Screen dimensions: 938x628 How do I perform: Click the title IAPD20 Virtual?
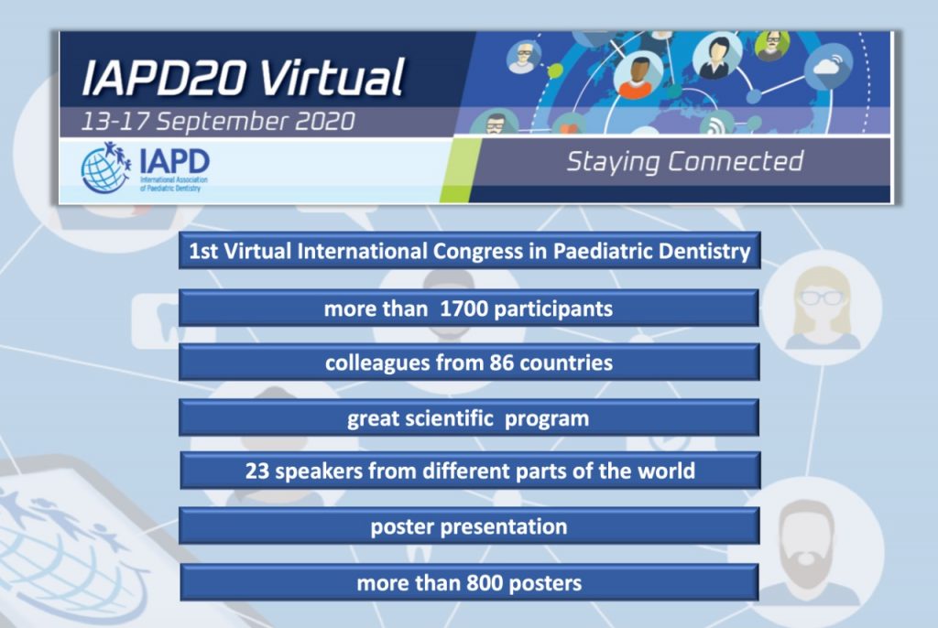244,77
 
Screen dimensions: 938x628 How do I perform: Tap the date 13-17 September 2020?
218,122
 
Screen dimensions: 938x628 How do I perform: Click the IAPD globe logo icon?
106,168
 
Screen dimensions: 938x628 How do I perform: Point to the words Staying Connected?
685,162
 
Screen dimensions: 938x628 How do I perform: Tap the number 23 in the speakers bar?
257,471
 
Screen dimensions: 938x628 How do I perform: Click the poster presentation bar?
470,525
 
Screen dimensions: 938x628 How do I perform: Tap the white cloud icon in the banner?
828,66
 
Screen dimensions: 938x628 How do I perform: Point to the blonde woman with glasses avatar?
822,309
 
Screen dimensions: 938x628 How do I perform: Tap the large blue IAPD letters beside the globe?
174,161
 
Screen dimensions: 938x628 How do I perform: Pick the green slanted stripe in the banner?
460,170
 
